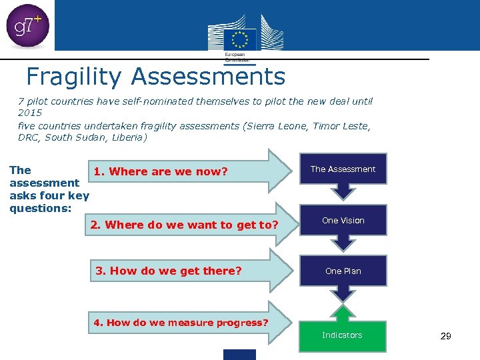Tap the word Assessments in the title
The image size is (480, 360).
pyautogui.click(x=208, y=77)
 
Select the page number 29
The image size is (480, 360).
pyautogui.click(x=446, y=336)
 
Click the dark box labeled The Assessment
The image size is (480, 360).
pyautogui.click(x=343, y=169)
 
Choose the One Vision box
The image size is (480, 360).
pyautogui.click(x=343, y=221)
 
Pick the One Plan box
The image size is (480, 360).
pyautogui.click(x=343, y=271)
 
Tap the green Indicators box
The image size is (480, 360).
pyautogui.click(x=342, y=335)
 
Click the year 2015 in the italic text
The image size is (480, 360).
pyautogui.click(x=30, y=113)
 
